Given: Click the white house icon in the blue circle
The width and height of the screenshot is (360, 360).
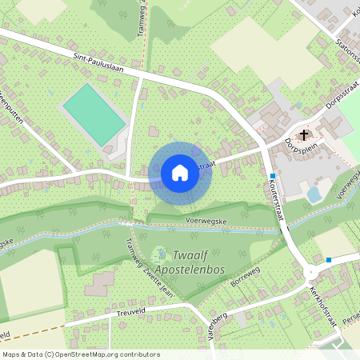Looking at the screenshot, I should click(x=180, y=173).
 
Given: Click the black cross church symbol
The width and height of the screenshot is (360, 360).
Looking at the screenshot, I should click(x=304, y=134).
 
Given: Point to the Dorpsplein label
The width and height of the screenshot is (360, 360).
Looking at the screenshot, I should click(x=302, y=150).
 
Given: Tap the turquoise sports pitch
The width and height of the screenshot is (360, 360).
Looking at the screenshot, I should click(x=94, y=114).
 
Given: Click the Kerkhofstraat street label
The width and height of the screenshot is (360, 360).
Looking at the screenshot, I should click(x=324, y=308).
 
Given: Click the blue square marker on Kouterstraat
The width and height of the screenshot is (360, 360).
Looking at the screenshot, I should click(x=273, y=176).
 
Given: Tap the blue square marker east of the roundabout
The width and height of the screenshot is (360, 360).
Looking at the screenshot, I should click(x=329, y=259).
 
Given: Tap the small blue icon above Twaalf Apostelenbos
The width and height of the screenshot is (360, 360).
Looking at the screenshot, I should click(x=157, y=250).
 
